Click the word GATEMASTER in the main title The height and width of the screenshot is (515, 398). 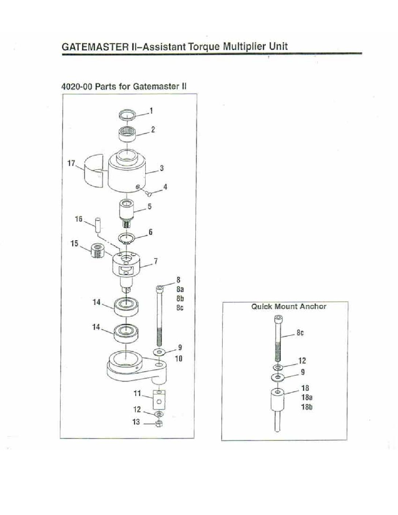(x=95, y=46)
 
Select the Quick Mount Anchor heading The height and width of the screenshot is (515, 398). (x=289, y=307)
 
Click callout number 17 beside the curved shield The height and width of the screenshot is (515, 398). (x=71, y=163)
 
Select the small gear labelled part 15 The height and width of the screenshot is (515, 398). (x=98, y=252)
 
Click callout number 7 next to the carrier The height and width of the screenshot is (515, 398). (x=155, y=262)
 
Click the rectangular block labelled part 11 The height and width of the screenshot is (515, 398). (x=159, y=400)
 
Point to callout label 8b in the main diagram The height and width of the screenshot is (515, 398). (x=180, y=298)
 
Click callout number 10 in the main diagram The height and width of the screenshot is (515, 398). (x=179, y=358)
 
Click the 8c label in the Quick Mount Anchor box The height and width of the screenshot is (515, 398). (x=300, y=333)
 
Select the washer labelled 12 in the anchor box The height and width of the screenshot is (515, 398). (x=278, y=368)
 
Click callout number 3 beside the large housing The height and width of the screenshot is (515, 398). (x=162, y=168)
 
